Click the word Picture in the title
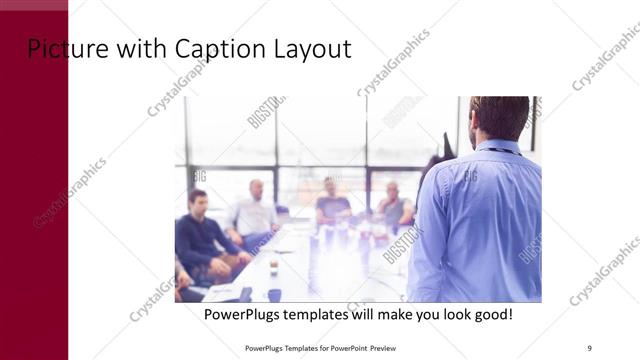[61, 49]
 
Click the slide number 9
[589, 347]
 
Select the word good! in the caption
[490, 314]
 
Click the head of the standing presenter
[499, 117]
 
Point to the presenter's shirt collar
[497, 146]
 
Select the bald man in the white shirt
[253, 211]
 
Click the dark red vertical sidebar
[34, 200]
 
